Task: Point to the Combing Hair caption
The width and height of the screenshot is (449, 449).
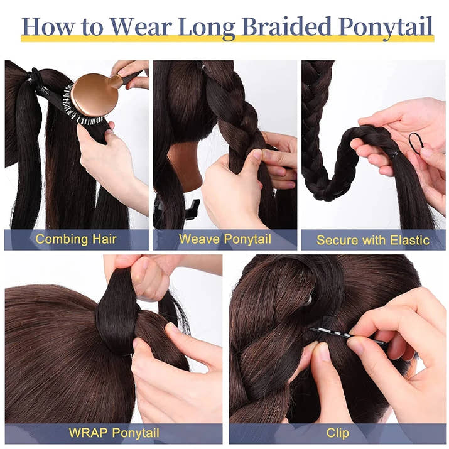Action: [x=76, y=239]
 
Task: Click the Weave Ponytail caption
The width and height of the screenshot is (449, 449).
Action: [x=225, y=239]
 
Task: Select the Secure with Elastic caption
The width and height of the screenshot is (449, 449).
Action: [x=373, y=240]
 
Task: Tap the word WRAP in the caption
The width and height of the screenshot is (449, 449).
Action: [x=89, y=433]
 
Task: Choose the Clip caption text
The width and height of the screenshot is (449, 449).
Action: [x=337, y=433]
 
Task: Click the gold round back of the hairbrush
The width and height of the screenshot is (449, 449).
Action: [x=94, y=95]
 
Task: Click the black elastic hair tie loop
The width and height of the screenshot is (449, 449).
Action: [x=415, y=143]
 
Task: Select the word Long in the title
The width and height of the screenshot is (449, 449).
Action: [x=207, y=29]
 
